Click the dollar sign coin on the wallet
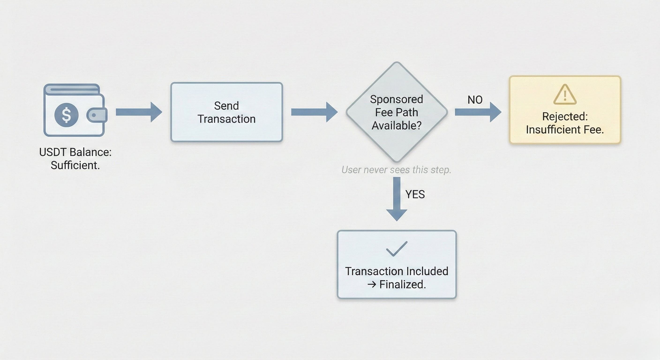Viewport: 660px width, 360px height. (66, 115)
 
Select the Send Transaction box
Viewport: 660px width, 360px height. (226, 112)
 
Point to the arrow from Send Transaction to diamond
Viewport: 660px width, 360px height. (314, 112)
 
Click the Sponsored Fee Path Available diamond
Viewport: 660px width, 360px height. (397, 112)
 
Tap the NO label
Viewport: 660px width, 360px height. (475, 100)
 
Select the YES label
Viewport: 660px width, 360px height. (415, 195)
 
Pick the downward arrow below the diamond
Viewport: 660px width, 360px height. (397, 199)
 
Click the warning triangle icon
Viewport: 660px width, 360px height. (565, 94)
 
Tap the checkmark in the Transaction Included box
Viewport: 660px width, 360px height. (396, 248)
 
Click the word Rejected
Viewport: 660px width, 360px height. (564, 116)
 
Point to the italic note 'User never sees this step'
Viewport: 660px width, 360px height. (396, 170)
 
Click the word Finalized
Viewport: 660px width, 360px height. (402, 284)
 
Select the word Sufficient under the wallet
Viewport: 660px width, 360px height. (75, 165)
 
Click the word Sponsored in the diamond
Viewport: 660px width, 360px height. (396, 99)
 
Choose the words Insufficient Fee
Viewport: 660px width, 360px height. (565, 130)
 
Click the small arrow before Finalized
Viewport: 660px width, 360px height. (372, 284)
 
